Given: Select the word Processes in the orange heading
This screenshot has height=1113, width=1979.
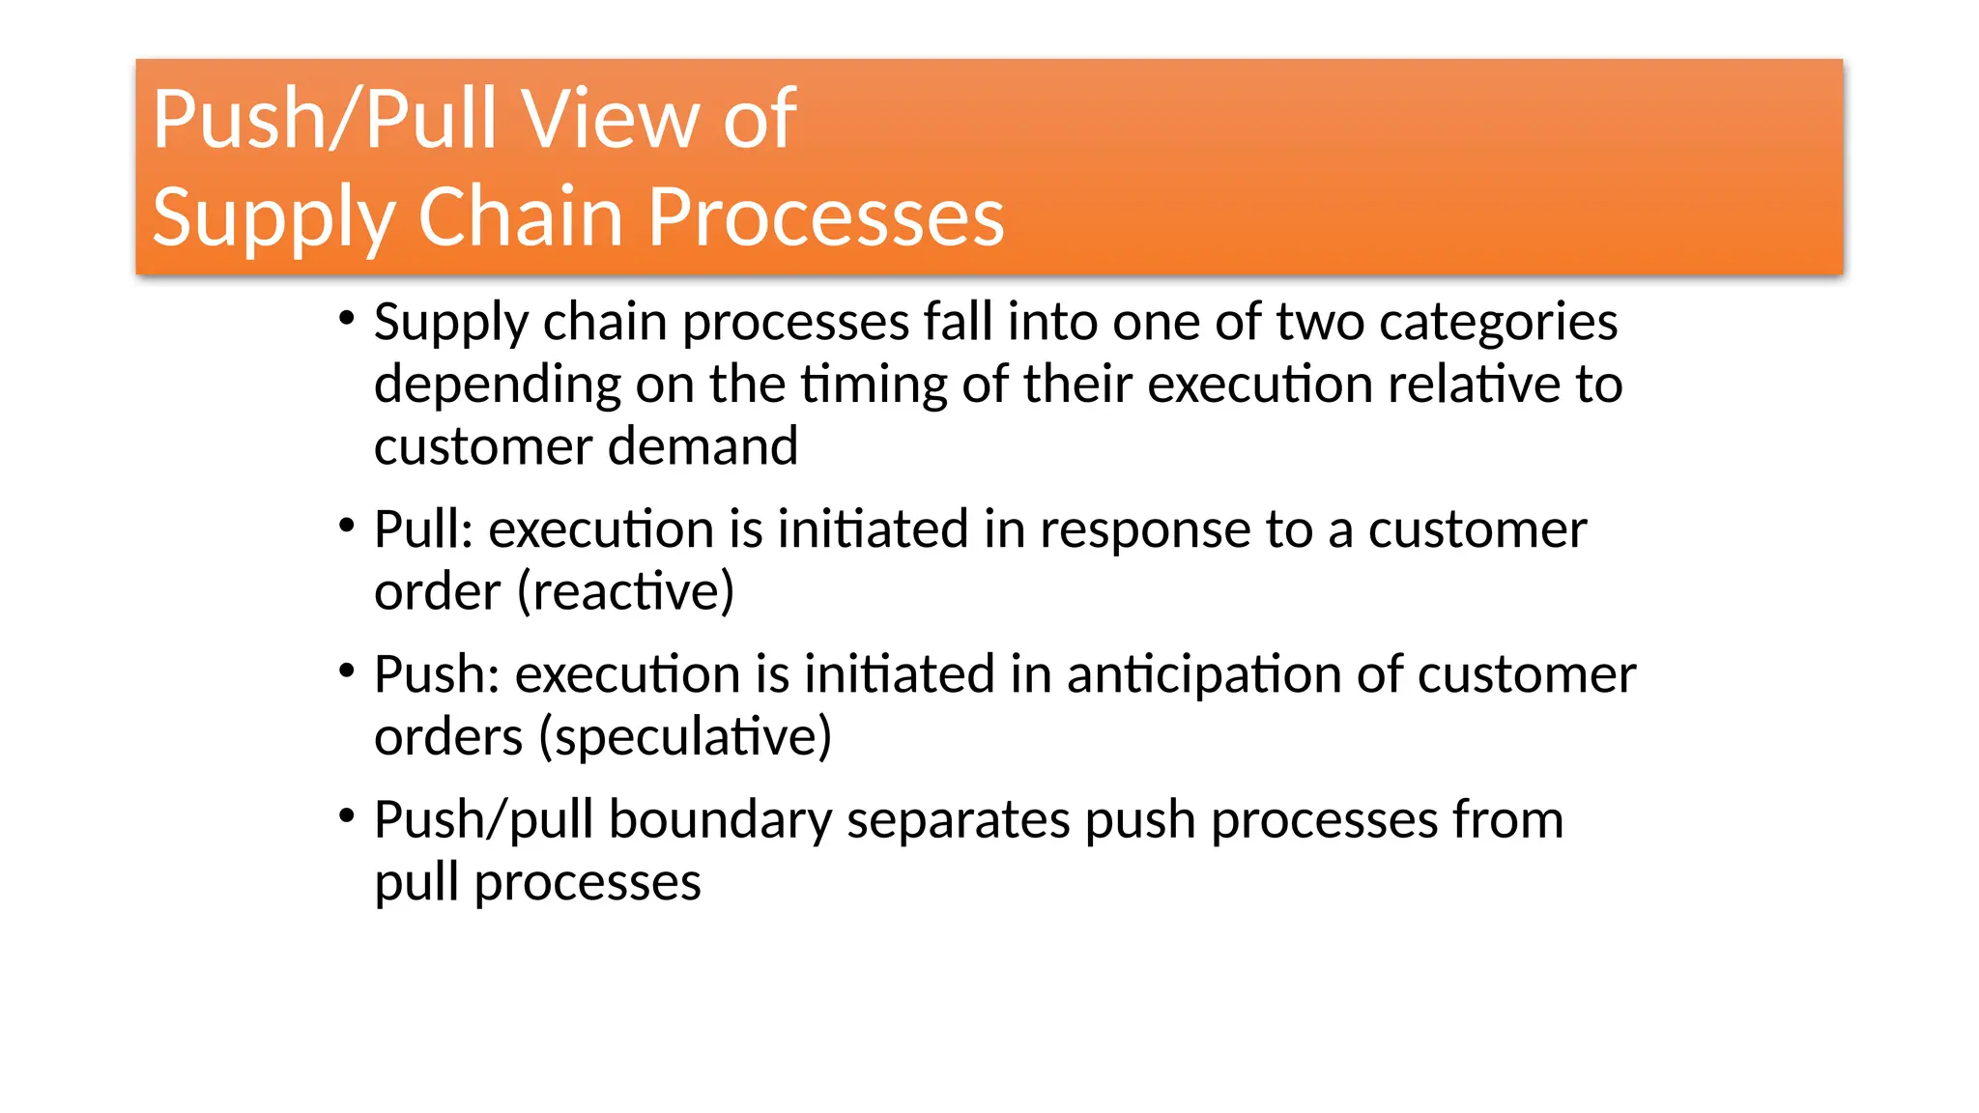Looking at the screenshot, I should pyautogui.click(x=826, y=216).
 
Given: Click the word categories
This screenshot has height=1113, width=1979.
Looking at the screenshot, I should pyautogui.click(x=1498, y=322).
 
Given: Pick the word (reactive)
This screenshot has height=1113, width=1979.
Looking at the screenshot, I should pyautogui.click(x=626, y=591).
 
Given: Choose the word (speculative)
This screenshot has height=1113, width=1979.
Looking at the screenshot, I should pyautogui.click(x=685, y=737).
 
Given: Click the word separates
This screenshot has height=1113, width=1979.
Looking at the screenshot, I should pyautogui.click(x=958, y=820).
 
